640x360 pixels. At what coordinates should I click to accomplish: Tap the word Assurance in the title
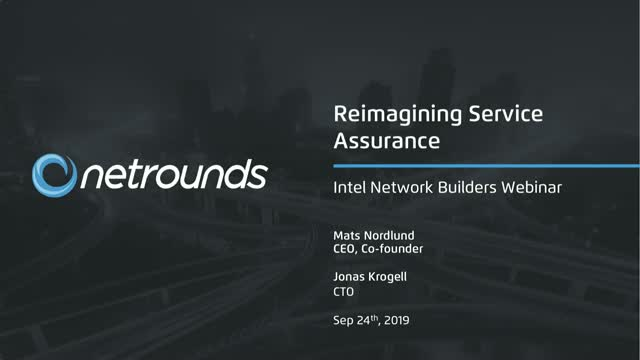pos(387,142)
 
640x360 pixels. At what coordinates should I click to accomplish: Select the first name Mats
pos(345,236)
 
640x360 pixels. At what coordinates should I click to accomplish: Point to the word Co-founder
pos(396,250)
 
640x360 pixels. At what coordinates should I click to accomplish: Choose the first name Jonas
pos(348,280)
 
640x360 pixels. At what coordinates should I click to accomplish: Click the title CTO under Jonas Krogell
pos(343,295)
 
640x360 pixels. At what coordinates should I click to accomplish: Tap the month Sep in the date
pos(343,324)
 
